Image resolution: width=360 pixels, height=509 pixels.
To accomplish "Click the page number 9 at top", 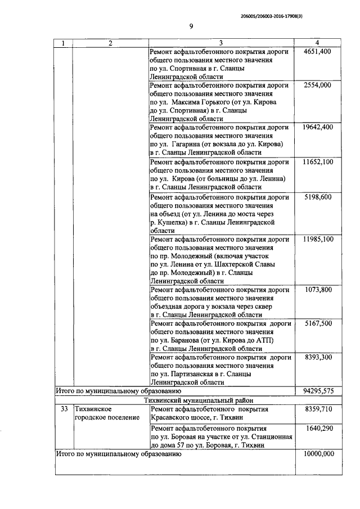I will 191,26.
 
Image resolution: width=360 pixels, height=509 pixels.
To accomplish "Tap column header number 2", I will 110,43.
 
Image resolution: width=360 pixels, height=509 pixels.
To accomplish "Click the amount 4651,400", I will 317,52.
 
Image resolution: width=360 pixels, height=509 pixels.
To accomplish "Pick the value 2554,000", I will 317,85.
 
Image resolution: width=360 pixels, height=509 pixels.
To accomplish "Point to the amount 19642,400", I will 317,127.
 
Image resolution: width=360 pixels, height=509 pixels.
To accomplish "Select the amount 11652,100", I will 317,162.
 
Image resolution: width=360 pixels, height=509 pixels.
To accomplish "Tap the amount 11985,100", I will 317,239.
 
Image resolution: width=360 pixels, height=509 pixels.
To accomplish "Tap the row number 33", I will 64,409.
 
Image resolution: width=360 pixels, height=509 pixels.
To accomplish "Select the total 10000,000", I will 317,454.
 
